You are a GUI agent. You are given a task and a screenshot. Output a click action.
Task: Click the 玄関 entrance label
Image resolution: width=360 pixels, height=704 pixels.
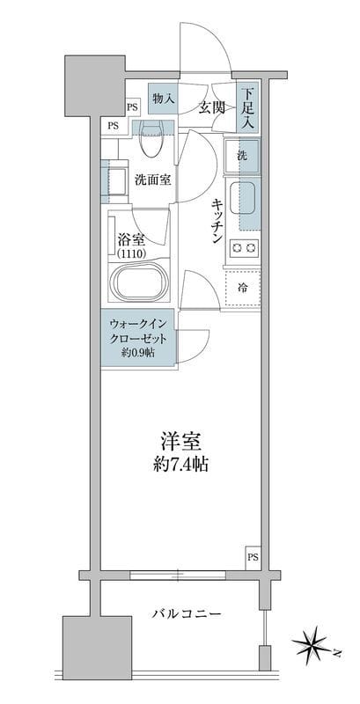(210, 108)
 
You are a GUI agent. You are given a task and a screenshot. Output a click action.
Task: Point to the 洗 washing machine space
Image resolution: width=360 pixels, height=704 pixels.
(242, 156)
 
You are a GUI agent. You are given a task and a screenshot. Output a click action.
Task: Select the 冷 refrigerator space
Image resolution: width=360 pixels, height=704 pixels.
(242, 286)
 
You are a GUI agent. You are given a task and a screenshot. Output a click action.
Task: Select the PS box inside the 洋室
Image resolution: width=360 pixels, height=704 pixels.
(253, 557)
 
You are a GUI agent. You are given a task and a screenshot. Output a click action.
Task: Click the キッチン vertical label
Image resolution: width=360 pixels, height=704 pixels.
(216, 220)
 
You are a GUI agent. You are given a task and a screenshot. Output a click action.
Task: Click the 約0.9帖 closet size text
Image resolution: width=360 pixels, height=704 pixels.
(137, 354)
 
